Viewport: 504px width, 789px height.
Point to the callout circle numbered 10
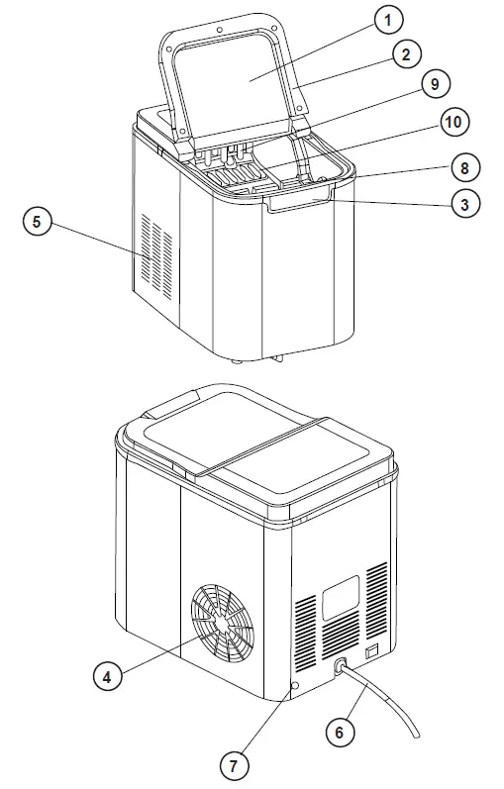point(453,124)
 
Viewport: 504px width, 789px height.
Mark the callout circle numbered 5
point(37,223)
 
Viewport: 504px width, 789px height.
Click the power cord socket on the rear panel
point(342,669)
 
